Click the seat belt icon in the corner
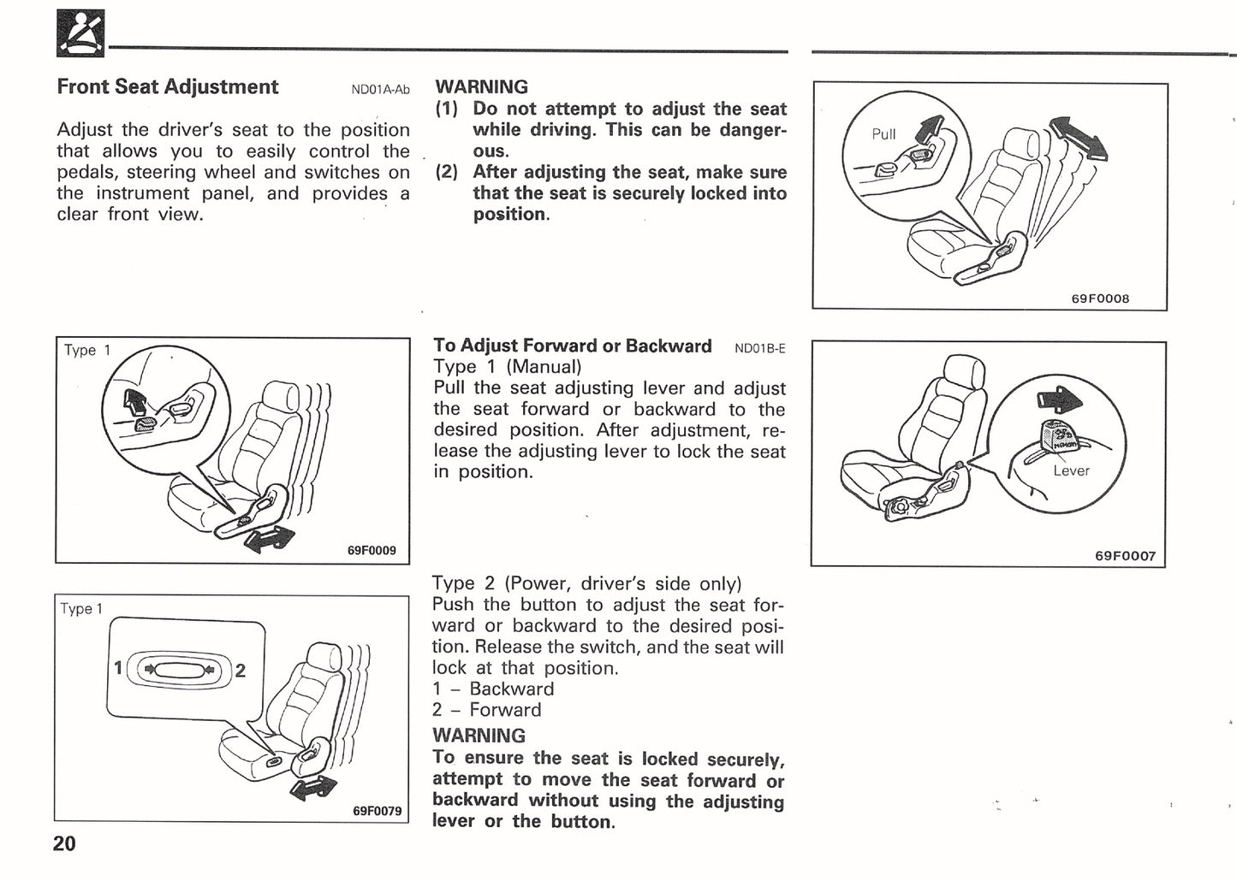point(80,33)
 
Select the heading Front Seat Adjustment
point(167,86)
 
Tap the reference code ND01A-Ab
point(380,89)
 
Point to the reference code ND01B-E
point(759,348)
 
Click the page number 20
point(64,843)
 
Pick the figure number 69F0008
point(1100,299)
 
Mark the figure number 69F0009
point(372,550)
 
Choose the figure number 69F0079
point(377,811)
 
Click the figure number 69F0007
point(1125,556)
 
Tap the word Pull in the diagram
point(883,134)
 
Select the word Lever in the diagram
point(1071,470)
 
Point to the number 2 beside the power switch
point(241,671)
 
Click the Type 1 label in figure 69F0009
point(87,350)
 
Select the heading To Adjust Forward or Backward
point(572,346)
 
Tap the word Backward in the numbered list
point(511,689)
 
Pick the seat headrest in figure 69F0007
point(964,371)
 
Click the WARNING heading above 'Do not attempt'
point(481,86)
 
